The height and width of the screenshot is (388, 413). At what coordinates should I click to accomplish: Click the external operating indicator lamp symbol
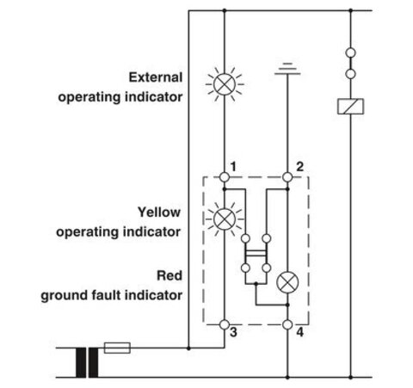[x=225, y=84]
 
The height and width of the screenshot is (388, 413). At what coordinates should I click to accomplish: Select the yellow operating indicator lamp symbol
[x=225, y=219]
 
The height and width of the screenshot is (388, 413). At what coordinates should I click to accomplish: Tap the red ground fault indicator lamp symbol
[x=287, y=282]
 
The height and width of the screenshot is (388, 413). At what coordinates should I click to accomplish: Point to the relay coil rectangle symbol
[x=350, y=107]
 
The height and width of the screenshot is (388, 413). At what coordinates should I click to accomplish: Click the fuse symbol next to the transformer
[x=117, y=348]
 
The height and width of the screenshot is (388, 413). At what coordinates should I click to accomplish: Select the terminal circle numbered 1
[x=225, y=177]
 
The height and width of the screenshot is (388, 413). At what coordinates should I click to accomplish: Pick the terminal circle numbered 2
[x=287, y=177]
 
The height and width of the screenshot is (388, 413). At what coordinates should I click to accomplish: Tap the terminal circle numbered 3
[x=225, y=324]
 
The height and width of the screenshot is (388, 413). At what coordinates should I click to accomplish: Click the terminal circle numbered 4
[x=287, y=324]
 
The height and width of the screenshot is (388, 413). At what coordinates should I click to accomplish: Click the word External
[x=156, y=77]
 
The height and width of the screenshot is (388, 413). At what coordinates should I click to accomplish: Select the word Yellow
[x=159, y=212]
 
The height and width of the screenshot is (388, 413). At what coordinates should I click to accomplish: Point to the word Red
[x=170, y=275]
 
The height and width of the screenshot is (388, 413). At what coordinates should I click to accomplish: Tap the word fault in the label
[x=104, y=295]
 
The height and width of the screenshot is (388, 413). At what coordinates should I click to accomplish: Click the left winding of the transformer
[x=81, y=362]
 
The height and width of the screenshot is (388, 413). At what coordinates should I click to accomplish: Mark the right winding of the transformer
[x=94, y=362]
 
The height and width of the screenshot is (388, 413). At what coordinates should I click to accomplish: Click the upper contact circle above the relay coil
[x=350, y=52]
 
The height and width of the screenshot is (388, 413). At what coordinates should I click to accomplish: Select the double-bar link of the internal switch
[x=256, y=253]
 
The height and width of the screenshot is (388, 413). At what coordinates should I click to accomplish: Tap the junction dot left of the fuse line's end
[x=188, y=348]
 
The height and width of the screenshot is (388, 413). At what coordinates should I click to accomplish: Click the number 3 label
[x=233, y=332]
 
